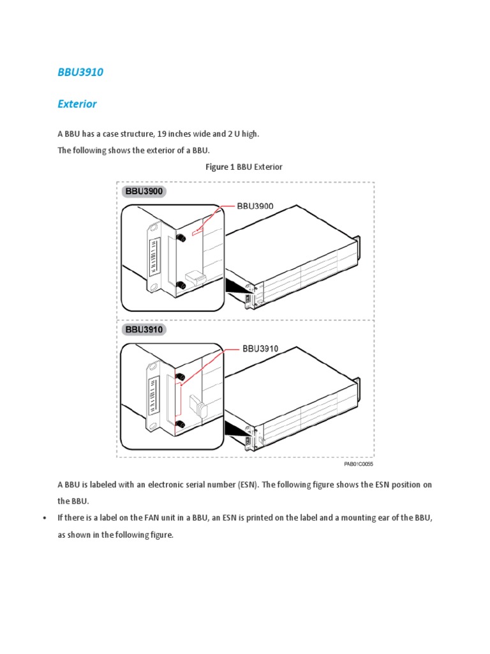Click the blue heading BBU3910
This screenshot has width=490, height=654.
click(80, 72)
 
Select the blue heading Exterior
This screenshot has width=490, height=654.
click(77, 103)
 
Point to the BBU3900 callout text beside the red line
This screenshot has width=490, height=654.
click(255, 206)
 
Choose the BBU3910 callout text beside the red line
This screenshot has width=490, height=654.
click(260, 349)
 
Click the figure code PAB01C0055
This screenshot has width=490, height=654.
click(359, 464)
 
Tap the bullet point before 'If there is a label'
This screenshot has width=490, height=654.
click(44, 519)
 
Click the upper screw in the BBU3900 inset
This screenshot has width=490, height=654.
click(181, 238)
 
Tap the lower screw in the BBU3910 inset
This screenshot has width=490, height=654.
click(181, 423)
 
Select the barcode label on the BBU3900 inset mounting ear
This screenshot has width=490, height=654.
click(153, 254)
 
